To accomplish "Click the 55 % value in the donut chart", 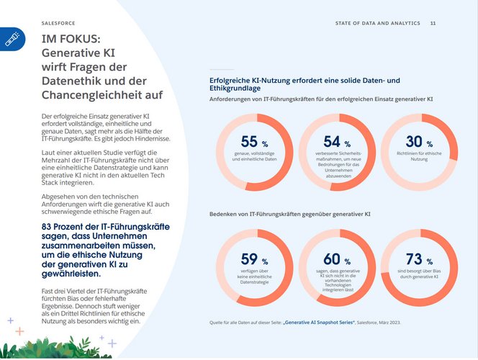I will coord(254,142).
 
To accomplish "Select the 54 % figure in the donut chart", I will coord(337,142).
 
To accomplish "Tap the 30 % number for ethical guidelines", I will coord(419,142).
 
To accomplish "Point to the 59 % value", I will coord(254,259).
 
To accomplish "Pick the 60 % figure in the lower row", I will coord(337,259).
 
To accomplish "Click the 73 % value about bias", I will coord(419,259).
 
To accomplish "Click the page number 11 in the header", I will coord(433,24).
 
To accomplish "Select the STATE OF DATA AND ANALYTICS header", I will coord(377,24).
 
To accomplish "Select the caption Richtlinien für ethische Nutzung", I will coord(419,156).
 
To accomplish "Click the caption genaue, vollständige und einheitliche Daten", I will coord(254,156).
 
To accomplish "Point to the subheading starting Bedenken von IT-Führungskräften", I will coord(289,215).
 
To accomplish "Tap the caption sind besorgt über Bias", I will coord(419,274).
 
